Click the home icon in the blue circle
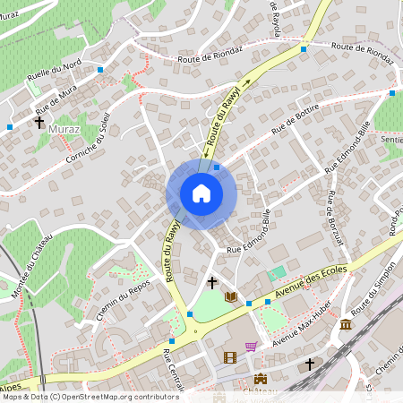[201, 193]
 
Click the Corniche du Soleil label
[88, 139]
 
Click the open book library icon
[231, 296]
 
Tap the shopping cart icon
[251, 346]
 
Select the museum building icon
[346, 323]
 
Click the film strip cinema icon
[230, 357]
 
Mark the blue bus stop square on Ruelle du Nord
[100, 69]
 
